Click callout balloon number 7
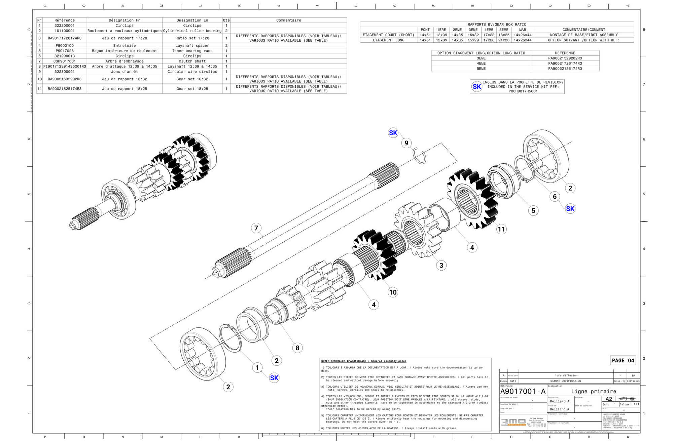(256, 228)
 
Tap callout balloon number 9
(406, 143)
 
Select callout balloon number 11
(501, 229)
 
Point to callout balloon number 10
(393, 292)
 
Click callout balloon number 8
(297, 348)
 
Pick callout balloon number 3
(441, 266)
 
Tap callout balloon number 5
(533, 211)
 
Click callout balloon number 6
(555, 197)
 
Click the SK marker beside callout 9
(393, 133)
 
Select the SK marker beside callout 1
(274, 378)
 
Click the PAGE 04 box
(623, 360)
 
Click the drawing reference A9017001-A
(523, 392)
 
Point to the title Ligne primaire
(594, 392)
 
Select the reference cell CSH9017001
(65, 61)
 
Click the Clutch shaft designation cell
(192, 61)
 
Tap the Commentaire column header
(288, 20)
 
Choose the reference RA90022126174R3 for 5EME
(565, 69)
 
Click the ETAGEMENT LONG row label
(388, 40)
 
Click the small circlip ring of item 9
(420, 156)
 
